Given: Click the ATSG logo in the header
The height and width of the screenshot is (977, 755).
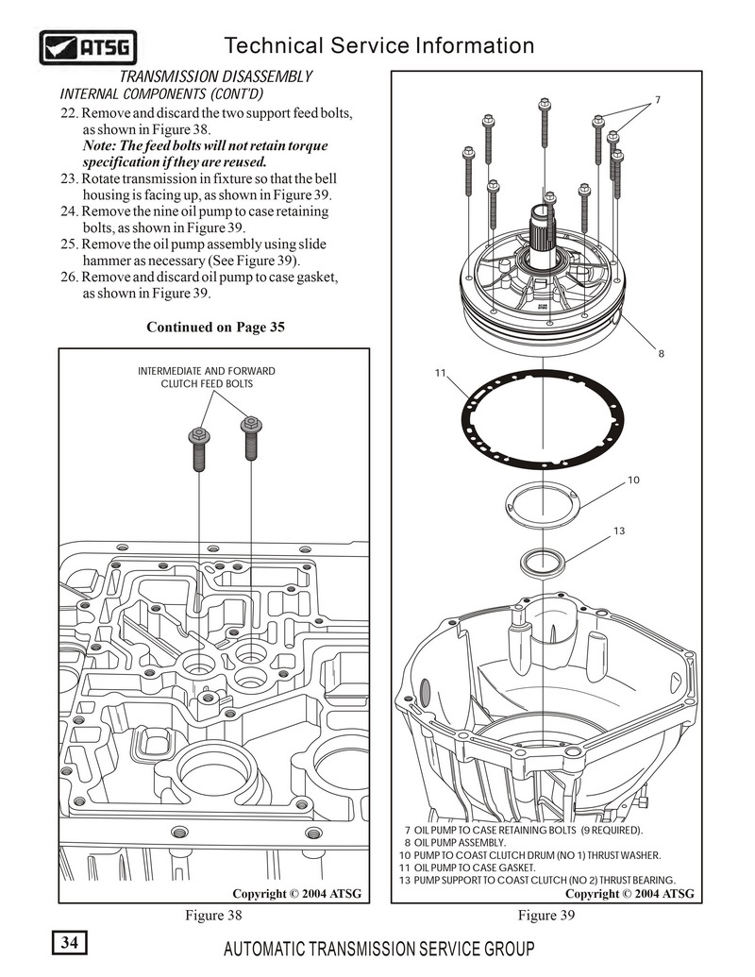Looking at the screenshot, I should coord(88,46).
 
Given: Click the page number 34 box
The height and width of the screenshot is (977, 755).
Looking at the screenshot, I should coord(70,942).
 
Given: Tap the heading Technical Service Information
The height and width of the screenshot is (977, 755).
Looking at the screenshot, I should coord(380,45).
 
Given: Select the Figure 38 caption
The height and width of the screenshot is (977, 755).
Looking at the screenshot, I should coord(214,915).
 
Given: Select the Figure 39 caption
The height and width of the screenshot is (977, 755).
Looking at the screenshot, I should coord(546,915).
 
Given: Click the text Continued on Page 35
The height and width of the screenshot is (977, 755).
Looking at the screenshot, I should coord(215,328).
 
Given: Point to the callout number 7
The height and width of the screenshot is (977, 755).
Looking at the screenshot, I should coord(657,99).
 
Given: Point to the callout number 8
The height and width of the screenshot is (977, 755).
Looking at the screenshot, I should coord(661,354).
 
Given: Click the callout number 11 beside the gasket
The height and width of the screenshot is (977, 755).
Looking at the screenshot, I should coord(440,374).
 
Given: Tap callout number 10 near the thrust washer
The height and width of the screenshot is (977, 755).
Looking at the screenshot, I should coord(633,480).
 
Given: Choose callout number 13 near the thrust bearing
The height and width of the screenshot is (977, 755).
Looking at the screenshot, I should coord(619,531).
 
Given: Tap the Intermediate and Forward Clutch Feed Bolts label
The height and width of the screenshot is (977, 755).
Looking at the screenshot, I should coord(207,378).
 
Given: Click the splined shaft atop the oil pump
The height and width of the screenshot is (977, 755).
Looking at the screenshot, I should coord(548,231).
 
